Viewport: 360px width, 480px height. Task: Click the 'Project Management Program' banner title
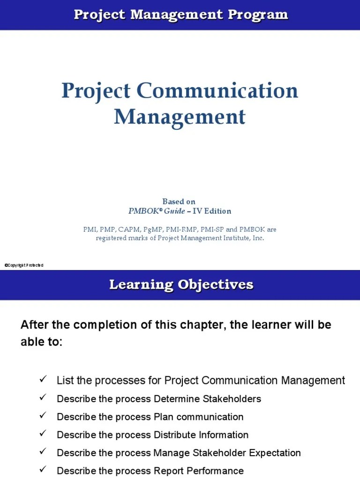coord(180,15)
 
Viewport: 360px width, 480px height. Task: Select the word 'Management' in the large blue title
coord(180,117)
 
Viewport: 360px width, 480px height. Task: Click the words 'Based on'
coord(179,202)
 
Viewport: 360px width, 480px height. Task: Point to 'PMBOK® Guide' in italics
coord(157,211)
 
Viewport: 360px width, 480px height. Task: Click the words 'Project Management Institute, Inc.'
coord(211,238)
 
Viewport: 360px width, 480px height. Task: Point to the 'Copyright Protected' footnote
coord(24,265)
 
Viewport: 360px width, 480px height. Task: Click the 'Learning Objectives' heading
coord(181,285)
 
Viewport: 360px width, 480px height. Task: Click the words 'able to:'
coord(41,342)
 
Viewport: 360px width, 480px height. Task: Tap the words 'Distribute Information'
coord(201,435)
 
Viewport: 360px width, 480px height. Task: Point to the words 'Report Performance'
coord(198,471)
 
